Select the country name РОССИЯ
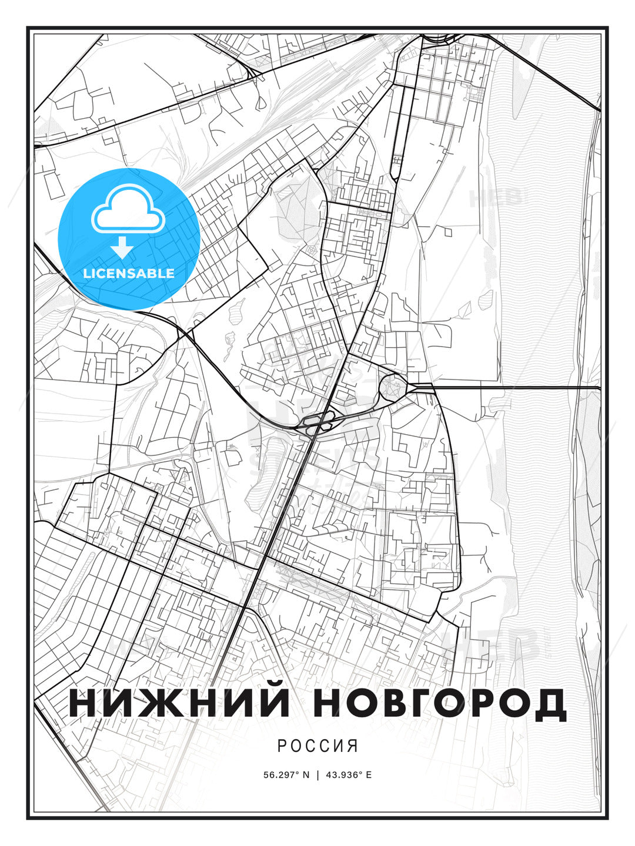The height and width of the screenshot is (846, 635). pos(317,746)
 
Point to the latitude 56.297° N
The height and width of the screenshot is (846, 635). pos(286,775)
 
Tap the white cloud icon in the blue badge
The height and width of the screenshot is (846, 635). pos(126,209)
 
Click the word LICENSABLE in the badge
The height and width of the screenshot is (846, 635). pos(129,273)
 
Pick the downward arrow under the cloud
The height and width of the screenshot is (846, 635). pos(122,247)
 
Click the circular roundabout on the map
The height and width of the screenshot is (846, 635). pos(392,387)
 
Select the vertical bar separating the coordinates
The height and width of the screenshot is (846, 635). pos(318,775)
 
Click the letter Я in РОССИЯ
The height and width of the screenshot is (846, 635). pos(353,746)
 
